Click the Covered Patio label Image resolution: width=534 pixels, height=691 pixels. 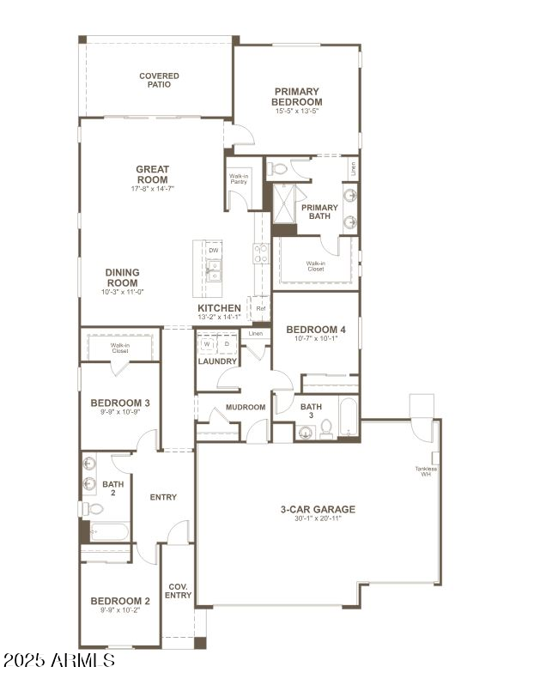pyautogui.click(x=159, y=81)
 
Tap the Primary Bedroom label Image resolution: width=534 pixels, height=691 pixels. pyautogui.click(x=297, y=96)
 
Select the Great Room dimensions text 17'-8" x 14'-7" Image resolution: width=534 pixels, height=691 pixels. pyautogui.click(x=153, y=189)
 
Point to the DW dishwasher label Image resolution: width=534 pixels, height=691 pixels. pyautogui.click(x=213, y=251)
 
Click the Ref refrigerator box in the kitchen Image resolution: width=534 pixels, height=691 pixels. pyautogui.click(x=260, y=308)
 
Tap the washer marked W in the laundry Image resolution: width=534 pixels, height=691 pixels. pyautogui.click(x=206, y=343)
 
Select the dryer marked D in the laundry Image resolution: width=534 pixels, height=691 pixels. pyautogui.click(x=226, y=343)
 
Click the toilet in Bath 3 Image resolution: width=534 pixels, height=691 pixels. pyautogui.click(x=326, y=428)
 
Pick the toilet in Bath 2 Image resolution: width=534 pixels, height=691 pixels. pyautogui.click(x=95, y=508)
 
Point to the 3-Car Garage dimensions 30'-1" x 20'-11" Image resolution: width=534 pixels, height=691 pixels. pyautogui.click(x=318, y=518)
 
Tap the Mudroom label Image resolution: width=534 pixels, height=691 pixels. pyautogui.click(x=246, y=407)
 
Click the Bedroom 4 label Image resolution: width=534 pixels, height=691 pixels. pyautogui.click(x=316, y=330)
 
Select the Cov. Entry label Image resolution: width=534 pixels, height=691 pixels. pyautogui.click(x=178, y=591)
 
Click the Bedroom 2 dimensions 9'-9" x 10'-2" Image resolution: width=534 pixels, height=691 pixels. pyautogui.click(x=120, y=611)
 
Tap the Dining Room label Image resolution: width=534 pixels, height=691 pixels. pyautogui.click(x=122, y=277)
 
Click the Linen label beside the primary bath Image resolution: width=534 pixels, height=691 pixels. pyautogui.click(x=353, y=169)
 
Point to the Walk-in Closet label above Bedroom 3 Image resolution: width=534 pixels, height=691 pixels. pyautogui.click(x=119, y=349)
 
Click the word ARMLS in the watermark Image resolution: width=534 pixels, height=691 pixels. pyautogui.click(x=82, y=660)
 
